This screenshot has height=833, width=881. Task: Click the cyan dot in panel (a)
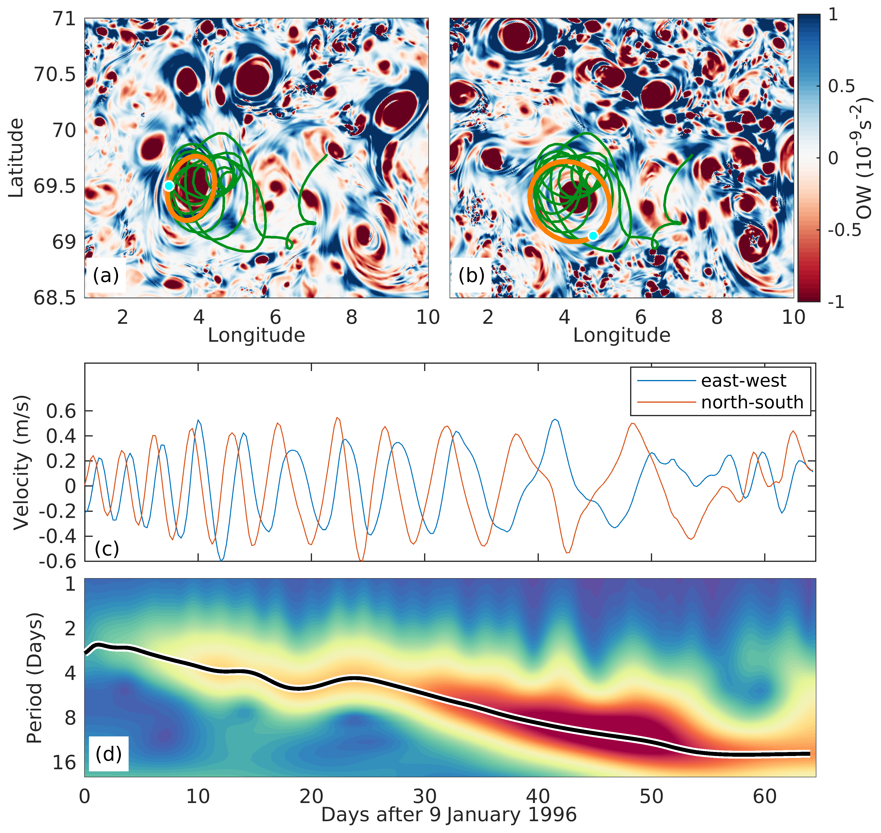(169, 186)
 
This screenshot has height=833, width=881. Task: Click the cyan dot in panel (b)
(593, 236)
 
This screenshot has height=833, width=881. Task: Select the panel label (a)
(105, 276)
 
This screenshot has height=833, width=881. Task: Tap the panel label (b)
(471, 276)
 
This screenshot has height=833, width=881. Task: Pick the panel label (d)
(108, 753)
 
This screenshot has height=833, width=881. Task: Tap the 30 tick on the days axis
(425, 797)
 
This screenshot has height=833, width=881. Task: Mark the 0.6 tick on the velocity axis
(61, 411)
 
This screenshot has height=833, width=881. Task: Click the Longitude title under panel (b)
(621, 335)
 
